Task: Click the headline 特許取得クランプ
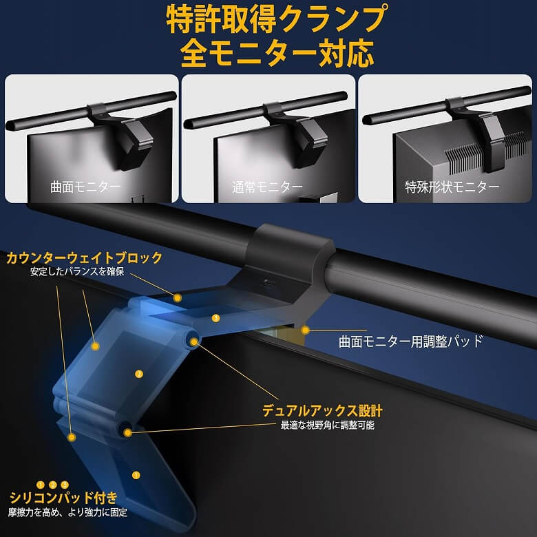tap(277, 19)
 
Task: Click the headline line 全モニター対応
tap(277, 53)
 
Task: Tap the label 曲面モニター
tap(85, 187)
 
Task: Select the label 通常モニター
tap(267, 187)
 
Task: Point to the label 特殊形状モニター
tap(452, 187)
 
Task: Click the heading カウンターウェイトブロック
tap(84, 257)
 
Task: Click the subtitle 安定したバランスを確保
tap(77, 271)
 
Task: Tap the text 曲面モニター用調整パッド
tap(410, 341)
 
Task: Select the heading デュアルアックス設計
tap(322, 410)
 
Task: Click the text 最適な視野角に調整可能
tap(328, 425)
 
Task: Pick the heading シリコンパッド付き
tap(63, 498)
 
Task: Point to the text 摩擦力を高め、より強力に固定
tap(67, 512)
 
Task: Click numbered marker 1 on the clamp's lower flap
tap(136, 475)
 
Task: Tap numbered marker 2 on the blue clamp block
tap(138, 374)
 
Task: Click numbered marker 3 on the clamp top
tap(215, 318)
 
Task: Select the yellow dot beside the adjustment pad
tap(305, 330)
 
